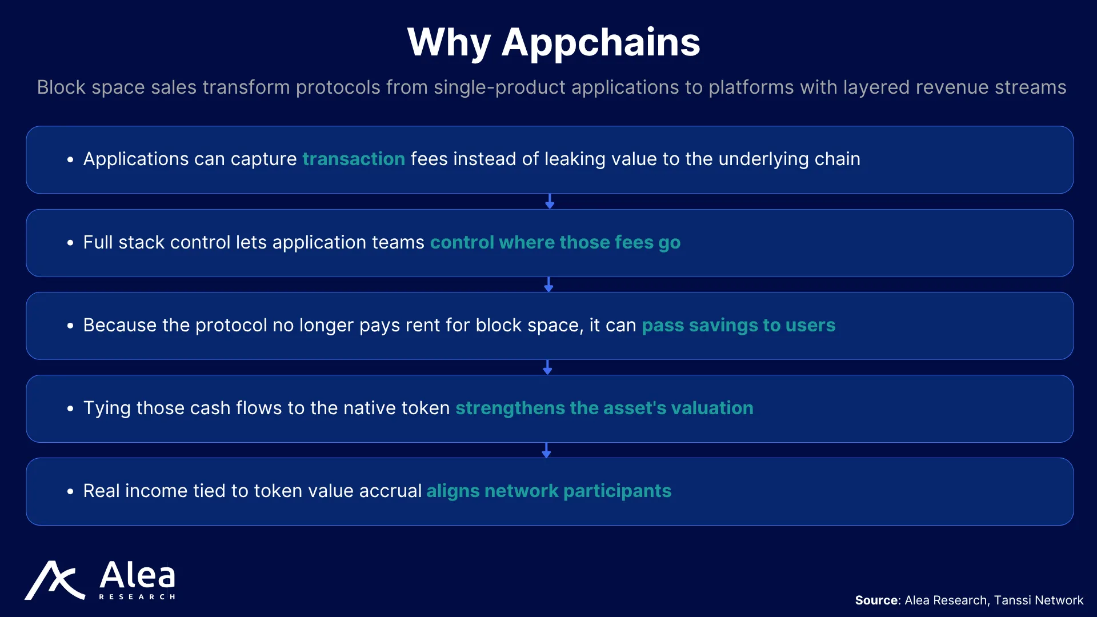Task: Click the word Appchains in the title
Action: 600,43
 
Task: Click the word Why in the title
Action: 449,43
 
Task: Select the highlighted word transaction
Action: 354,159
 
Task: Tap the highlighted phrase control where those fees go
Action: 555,242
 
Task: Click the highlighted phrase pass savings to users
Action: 738,325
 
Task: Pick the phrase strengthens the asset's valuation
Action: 604,408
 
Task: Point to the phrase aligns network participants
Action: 548,491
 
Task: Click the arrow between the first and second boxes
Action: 550,201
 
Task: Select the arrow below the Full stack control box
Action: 548,285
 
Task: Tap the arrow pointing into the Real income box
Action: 546,450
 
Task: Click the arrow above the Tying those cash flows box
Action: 547,367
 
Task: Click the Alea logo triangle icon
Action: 55,580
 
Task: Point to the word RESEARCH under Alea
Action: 137,597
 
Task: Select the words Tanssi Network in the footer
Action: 1039,600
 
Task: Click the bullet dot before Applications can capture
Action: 70,160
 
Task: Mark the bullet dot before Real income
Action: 70,491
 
